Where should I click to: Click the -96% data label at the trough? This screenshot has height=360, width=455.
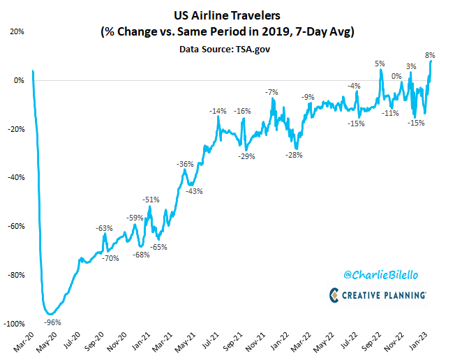point(53,322)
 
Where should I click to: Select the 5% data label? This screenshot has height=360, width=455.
point(380,63)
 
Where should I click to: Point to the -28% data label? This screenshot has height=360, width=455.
point(294,155)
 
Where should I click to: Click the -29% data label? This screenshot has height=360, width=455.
point(246,157)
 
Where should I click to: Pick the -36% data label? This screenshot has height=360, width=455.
point(186,164)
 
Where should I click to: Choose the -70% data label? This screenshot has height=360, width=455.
point(111,258)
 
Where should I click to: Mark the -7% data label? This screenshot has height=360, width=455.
point(271,92)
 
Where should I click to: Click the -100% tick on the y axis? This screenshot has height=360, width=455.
point(13,324)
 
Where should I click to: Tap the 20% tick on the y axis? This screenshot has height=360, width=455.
point(17,31)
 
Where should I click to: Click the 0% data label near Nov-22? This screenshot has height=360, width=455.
point(396,76)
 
